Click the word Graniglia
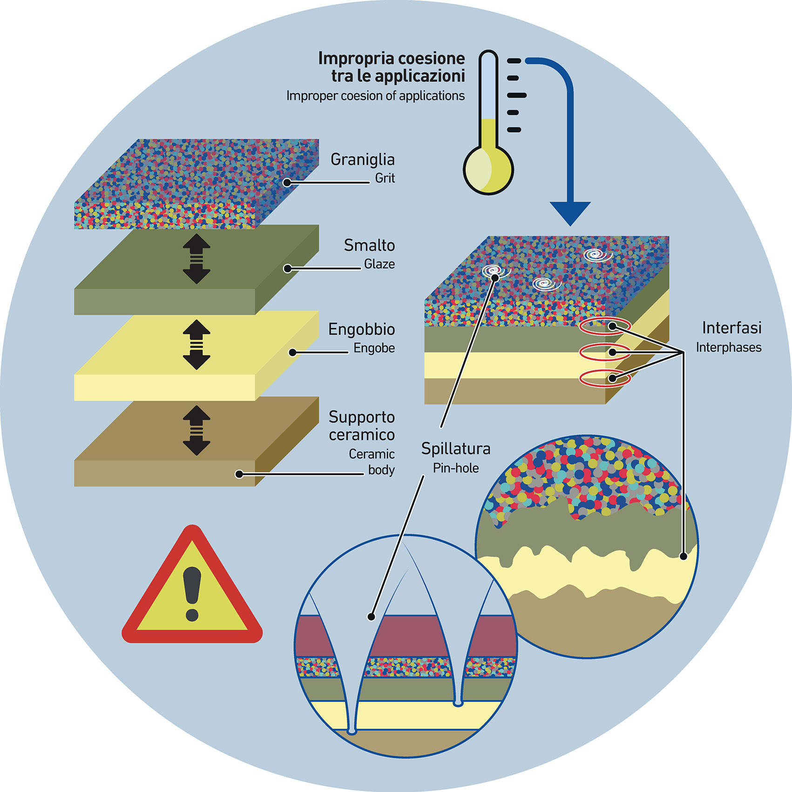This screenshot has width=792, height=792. [362, 160]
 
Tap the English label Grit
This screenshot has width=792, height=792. [385, 178]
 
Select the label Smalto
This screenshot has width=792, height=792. [369, 245]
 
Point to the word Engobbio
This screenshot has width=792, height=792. [361, 330]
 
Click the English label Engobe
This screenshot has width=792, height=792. [374, 348]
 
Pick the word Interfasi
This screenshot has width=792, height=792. [731, 328]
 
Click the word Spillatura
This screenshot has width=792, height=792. [456, 449]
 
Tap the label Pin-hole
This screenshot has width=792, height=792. [456, 468]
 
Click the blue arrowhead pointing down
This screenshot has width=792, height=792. [570, 213]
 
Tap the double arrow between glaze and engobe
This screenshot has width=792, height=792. [196, 345]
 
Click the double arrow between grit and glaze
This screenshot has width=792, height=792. [196, 259]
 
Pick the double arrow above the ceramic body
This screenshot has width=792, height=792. [196, 430]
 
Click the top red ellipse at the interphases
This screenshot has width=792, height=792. [605, 326]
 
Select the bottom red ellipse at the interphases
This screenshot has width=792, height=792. [605, 378]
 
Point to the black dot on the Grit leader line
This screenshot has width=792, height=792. [287, 183]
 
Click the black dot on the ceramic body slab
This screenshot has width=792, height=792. [239, 474]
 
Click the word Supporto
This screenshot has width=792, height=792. [361, 417]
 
